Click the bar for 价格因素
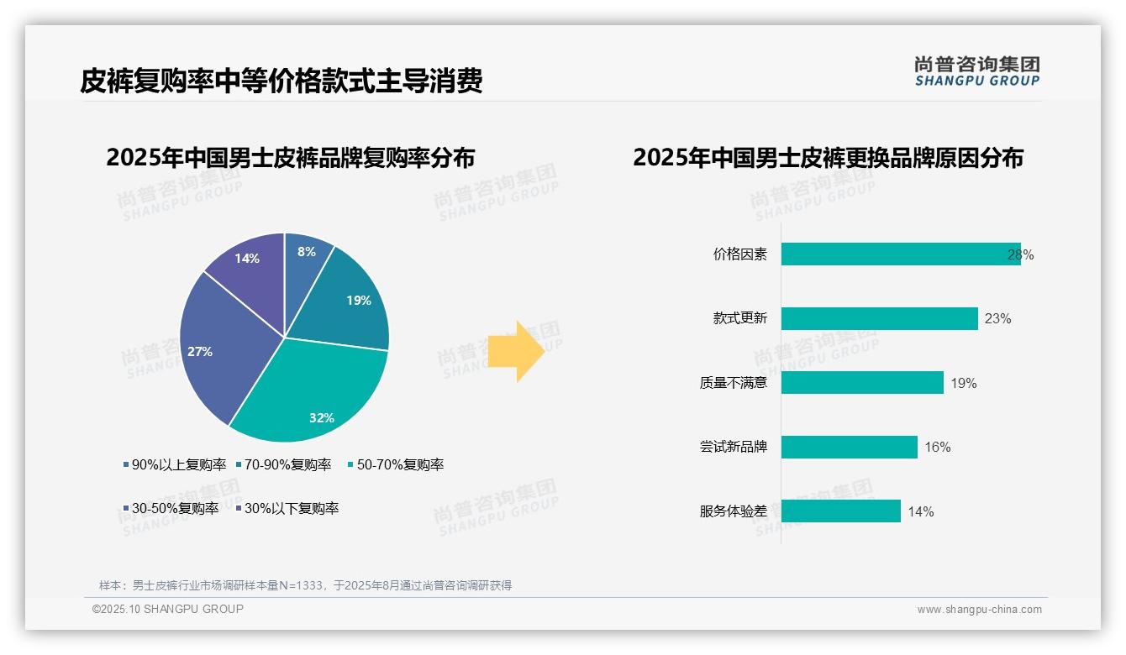899,254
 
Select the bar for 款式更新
879,318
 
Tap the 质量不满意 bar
862,383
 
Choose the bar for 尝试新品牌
849,447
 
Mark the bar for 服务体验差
840,511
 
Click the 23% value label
997,319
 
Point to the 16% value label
938,448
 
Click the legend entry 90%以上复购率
175,464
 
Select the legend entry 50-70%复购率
396,464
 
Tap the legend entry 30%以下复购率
287,508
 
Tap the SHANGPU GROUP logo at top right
976,71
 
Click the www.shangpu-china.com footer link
979,610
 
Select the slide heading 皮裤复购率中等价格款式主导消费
281,81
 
